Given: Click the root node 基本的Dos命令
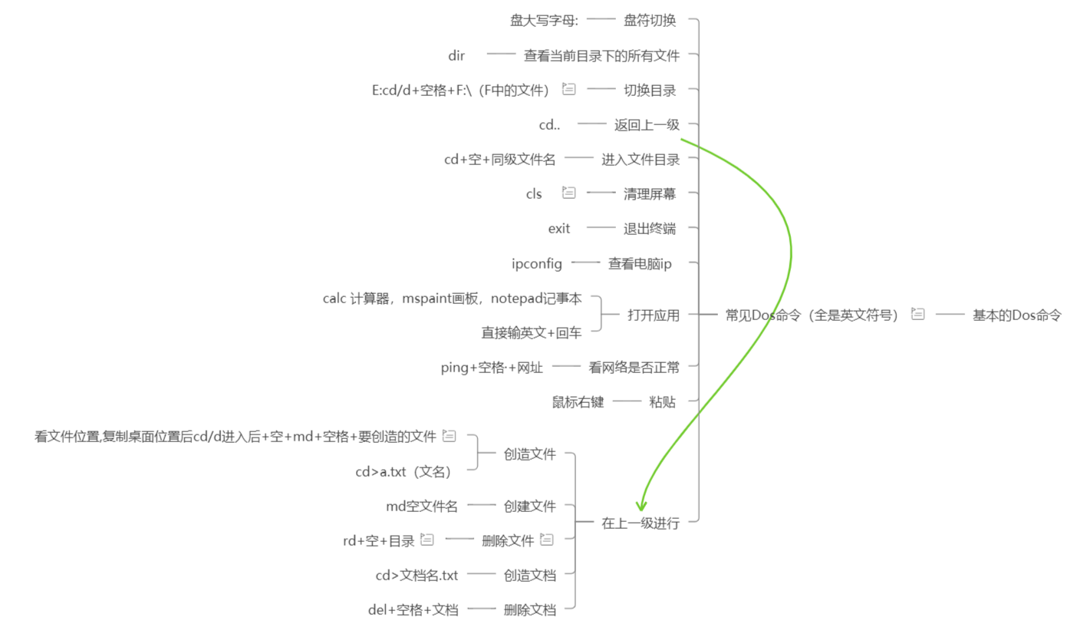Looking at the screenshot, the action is click(1016, 315).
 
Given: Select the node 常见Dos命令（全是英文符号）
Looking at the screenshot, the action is click(812, 315).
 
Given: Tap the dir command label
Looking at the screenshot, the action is click(456, 55).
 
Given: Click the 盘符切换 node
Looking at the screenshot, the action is click(650, 21).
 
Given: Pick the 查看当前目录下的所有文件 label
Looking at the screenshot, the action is click(601, 55).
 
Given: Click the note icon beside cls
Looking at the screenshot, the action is click(568, 193).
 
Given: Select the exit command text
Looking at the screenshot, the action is click(559, 228).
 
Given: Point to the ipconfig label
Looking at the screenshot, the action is click(537, 264).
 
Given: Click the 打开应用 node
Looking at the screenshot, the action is click(654, 315).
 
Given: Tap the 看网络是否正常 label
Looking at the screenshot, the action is click(634, 367).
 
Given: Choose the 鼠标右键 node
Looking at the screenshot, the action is click(578, 401).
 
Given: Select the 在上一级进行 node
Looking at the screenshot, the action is click(641, 523).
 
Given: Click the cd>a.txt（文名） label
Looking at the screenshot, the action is click(403, 471).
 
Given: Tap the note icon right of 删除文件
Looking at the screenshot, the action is click(546, 540).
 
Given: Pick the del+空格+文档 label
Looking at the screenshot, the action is click(413, 610).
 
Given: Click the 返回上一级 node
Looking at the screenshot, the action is click(647, 124).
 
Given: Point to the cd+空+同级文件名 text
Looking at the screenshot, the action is click(500, 160).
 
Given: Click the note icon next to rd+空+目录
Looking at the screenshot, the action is click(426, 540).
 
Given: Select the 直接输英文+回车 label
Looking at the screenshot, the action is click(531, 332).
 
